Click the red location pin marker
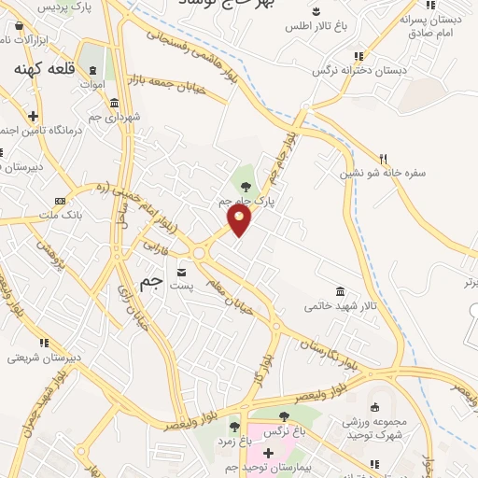[240, 218]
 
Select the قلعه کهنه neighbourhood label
[47, 69]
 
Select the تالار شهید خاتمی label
[341, 306]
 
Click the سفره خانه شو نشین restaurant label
[414, 173]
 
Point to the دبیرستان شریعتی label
[37, 357]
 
